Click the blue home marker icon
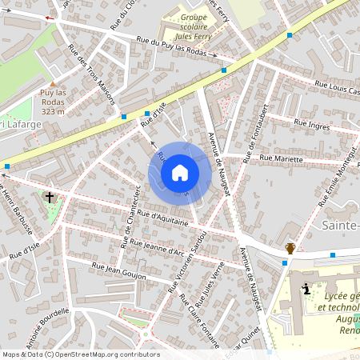[180, 172]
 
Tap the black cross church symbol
[50, 196]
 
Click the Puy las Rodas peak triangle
[53, 82]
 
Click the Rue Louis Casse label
[336, 87]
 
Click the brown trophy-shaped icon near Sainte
[290, 249]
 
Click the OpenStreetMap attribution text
[80, 354]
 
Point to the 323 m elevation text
[53, 111]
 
